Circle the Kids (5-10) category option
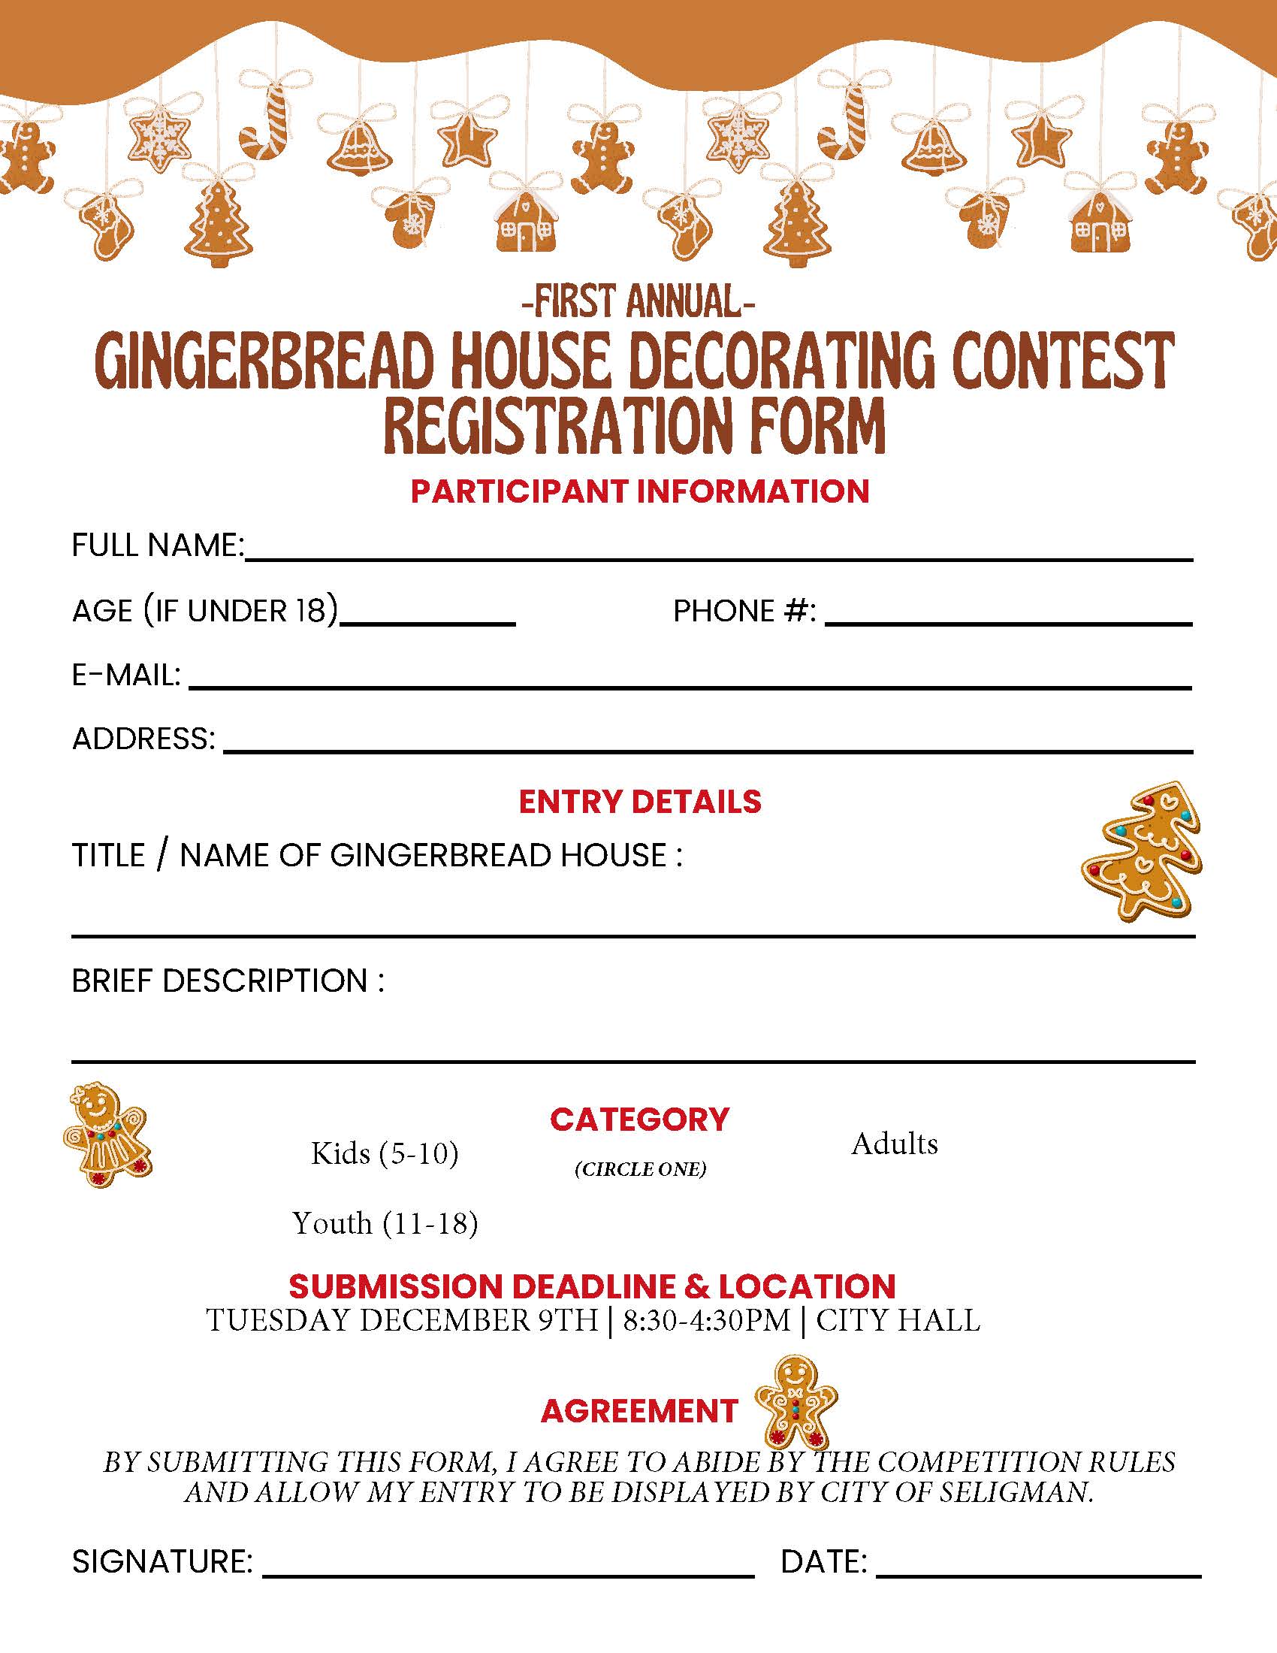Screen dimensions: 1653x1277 point(385,1153)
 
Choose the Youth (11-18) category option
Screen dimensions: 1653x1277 point(385,1223)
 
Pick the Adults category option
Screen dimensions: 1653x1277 point(894,1144)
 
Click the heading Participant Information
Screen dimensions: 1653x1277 point(640,491)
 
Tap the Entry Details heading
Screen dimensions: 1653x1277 point(640,802)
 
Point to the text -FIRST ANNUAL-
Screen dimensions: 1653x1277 point(638,301)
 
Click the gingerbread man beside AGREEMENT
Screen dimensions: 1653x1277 point(796,1403)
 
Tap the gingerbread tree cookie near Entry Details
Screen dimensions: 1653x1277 point(1143,851)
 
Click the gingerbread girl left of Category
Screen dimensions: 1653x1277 point(107,1134)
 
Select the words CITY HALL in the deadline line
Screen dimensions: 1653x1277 point(898,1321)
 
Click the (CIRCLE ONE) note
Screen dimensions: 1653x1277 point(640,1169)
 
